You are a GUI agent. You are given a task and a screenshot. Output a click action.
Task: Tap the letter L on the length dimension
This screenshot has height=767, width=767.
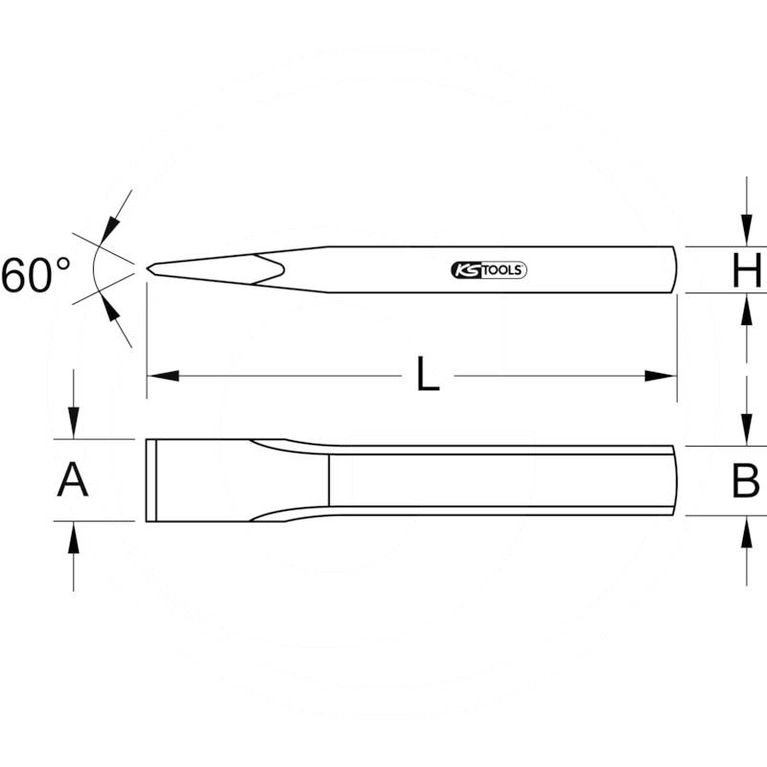(x=428, y=375)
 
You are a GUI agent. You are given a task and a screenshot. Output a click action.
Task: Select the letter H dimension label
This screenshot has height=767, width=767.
(x=746, y=271)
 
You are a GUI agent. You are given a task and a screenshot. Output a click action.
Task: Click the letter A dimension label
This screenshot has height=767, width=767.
(x=73, y=479)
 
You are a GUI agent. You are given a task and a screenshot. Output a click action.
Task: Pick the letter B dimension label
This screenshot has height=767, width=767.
(x=746, y=481)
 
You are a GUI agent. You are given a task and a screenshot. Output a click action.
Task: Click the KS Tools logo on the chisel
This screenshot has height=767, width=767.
(x=488, y=270)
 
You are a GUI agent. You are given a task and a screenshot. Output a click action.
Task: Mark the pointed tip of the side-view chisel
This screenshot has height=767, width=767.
(x=149, y=269)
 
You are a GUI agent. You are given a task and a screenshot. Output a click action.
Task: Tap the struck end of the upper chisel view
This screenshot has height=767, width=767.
(x=675, y=269)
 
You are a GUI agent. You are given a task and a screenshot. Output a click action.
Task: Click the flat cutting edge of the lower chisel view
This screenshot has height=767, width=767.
(x=148, y=480)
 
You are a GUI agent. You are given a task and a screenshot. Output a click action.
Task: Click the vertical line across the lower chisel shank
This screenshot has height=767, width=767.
(x=329, y=480)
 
